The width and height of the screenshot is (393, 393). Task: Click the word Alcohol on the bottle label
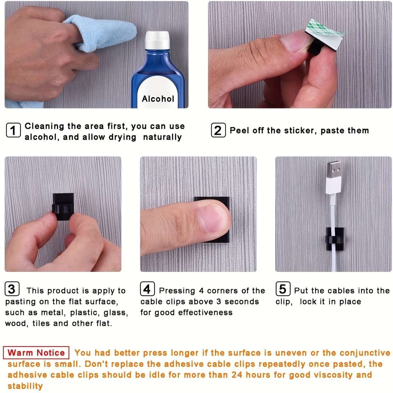[158, 99]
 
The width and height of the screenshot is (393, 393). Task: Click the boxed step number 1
[13, 130]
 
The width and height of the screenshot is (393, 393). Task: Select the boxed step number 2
[218, 130]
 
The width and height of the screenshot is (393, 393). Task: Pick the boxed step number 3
[12, 289]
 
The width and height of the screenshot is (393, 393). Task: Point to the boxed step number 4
[147, 289]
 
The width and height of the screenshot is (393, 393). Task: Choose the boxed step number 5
[283, 289]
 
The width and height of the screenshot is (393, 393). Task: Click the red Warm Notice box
[36, 353]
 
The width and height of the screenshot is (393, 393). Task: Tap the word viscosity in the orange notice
[333, 375]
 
